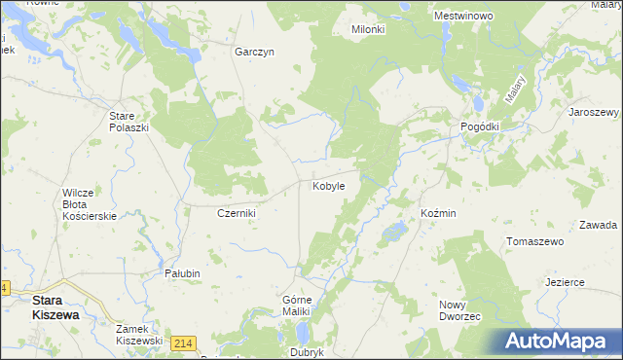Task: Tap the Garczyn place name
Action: click(x=254, y=53)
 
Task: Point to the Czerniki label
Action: click(x=236, y=213)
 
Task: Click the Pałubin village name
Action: click(x=182, y=273)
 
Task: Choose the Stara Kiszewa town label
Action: click(x=55, y=307)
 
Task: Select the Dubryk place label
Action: click(x=306, y=352)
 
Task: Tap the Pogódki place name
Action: click(x=480, y=127)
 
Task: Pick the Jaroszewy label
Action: click(x=594, y=112)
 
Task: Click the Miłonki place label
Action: click(x=368, y=30)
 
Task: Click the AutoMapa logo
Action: click(x=559, y=342)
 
